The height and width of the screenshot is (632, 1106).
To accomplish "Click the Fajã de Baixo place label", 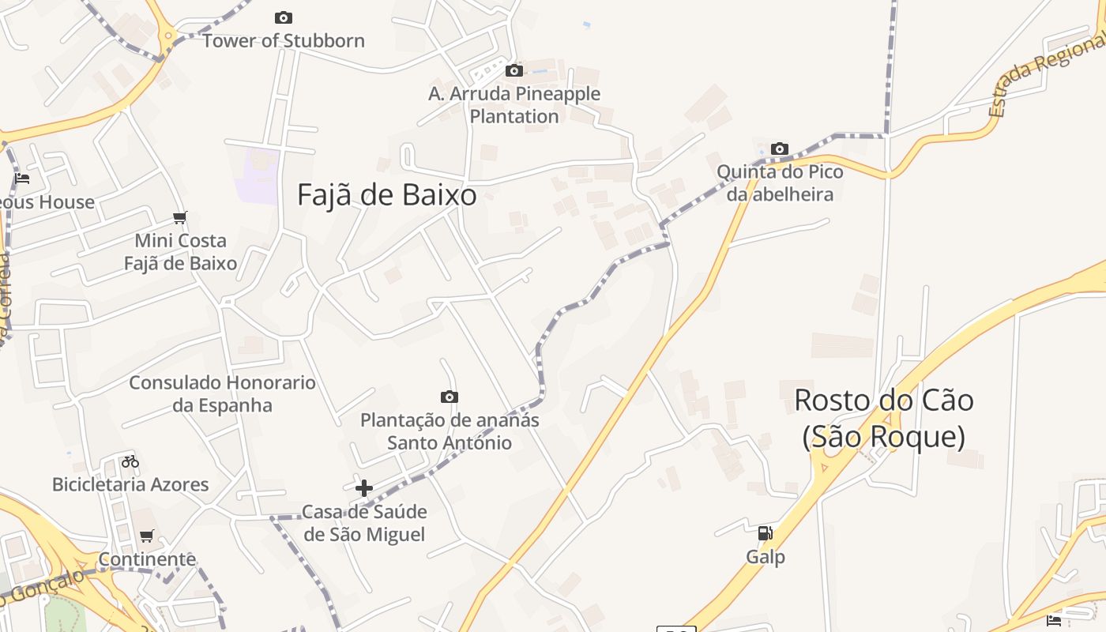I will (x=386, y=194).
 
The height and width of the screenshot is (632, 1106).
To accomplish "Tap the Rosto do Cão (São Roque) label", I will (x=883, y=418).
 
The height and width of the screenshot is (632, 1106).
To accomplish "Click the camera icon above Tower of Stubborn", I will (x=283, y=17).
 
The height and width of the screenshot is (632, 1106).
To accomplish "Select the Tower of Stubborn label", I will (x=284, y=40).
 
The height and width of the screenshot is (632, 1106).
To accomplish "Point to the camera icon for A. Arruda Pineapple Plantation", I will (x=514, y=71).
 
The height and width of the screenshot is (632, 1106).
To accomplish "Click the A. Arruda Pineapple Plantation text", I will (x=514, y=105).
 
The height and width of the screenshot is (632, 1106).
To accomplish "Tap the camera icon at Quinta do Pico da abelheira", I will (x=780, y=149).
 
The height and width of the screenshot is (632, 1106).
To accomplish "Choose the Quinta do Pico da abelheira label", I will (x=780, y=182).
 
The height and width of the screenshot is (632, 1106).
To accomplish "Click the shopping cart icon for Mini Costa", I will (x=180, y=217).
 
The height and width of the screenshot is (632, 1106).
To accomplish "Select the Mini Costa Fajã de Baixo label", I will (x=180, y=252).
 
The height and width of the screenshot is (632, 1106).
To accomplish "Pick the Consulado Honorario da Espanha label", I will (x=222, y=393).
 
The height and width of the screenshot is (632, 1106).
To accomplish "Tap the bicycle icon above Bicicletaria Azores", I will (x=130, y=461).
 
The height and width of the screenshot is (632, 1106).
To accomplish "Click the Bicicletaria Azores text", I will (x=130, y=484).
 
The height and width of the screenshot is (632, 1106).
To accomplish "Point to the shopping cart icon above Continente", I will (x=147, y=537).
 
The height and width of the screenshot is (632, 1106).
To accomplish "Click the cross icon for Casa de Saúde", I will (x=363, y=488).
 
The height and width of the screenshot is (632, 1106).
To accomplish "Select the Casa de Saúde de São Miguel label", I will (x=364, y=523).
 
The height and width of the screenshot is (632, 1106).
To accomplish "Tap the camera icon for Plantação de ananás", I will (x=450, y=397).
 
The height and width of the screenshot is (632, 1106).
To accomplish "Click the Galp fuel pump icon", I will (x=765, y=533).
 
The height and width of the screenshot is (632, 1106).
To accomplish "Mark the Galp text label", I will (x=766, y=557).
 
